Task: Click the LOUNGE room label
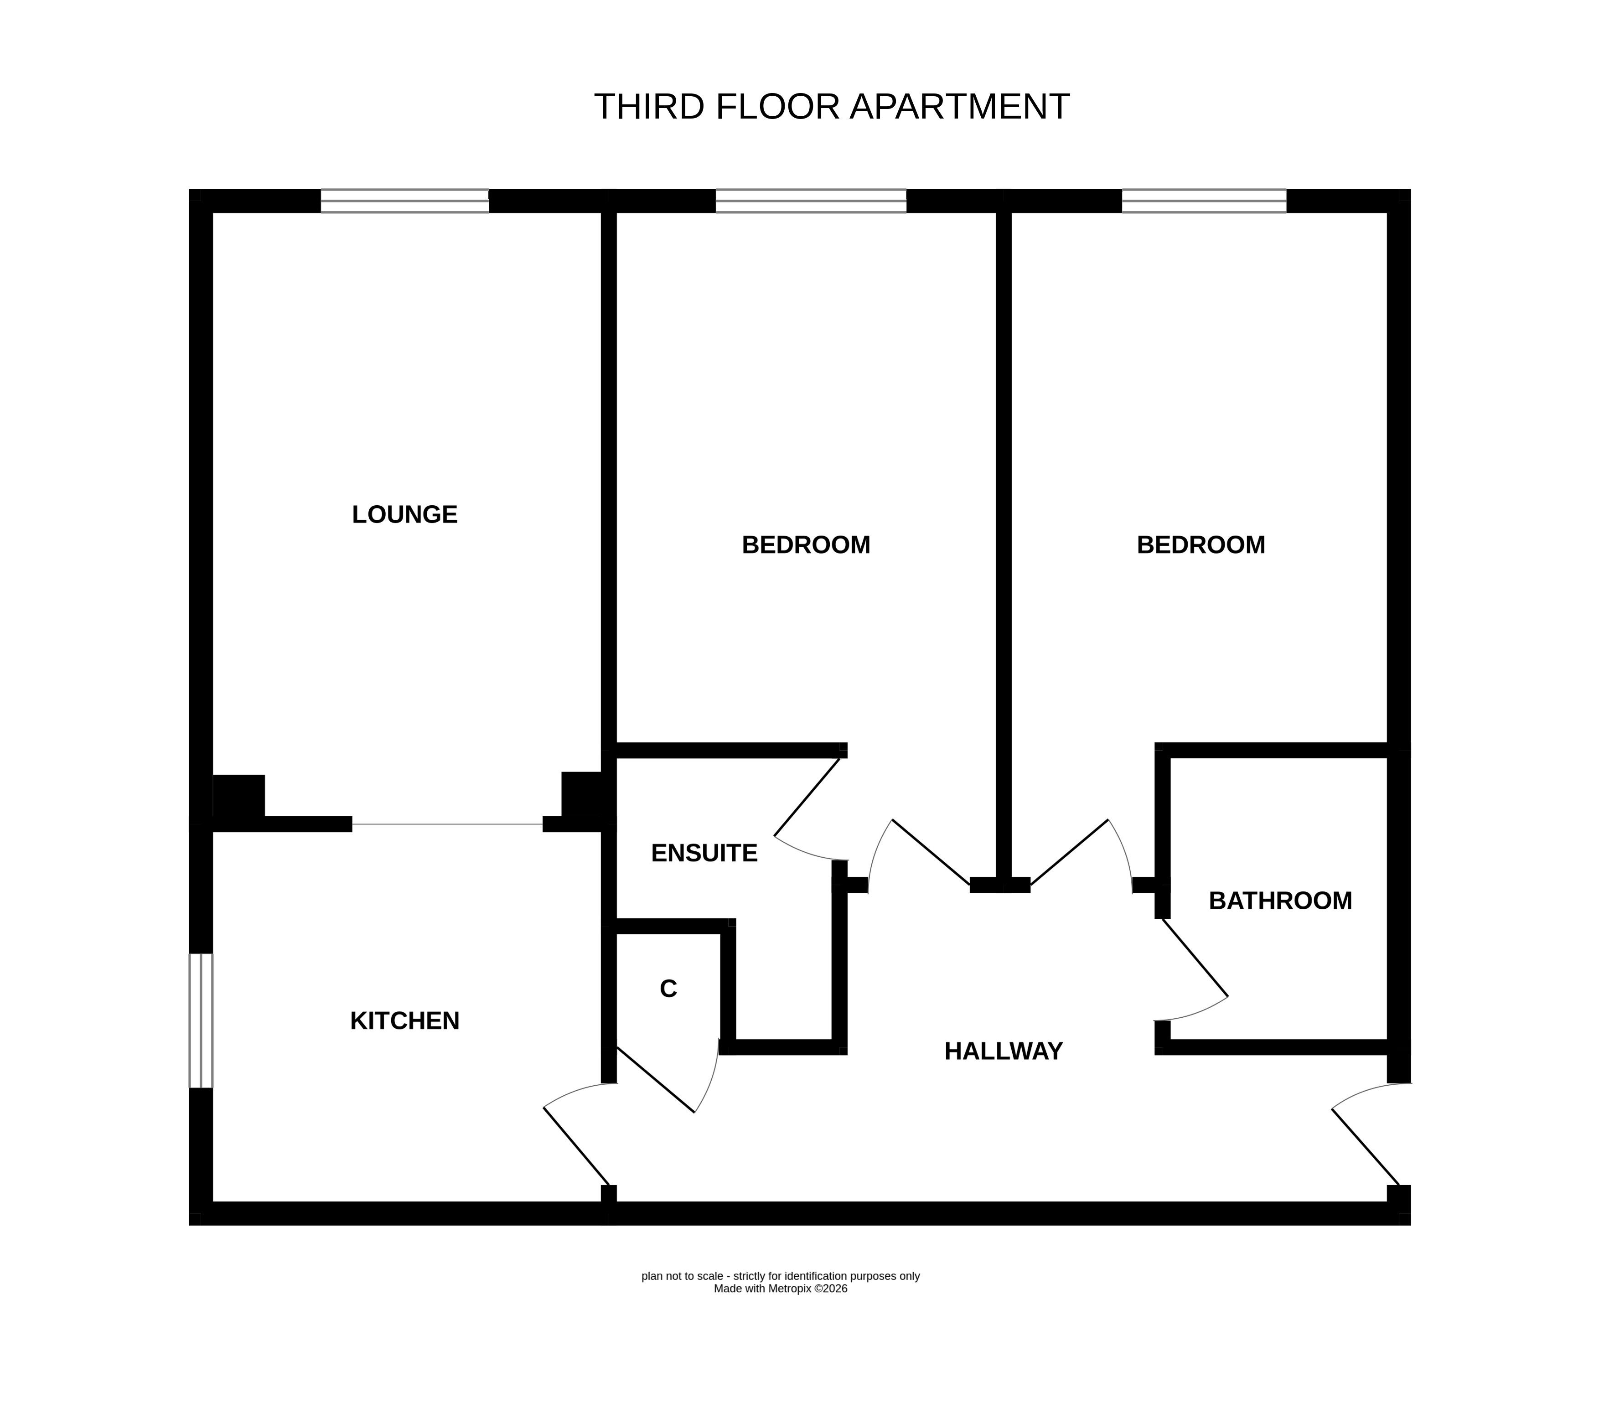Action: pos(404,514)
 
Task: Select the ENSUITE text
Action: pos(704,853)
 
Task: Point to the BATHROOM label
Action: pos(1281,901)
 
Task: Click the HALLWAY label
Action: pos(1004,1051)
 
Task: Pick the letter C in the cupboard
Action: pos(668,989)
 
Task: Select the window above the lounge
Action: pos(404,201)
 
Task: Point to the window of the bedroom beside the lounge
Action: pos(811,201)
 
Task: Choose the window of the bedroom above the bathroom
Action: pos(1204,201)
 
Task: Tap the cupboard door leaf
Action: pos(656,1079)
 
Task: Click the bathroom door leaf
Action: pos(1195,958)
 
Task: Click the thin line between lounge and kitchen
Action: pos(447,824)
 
